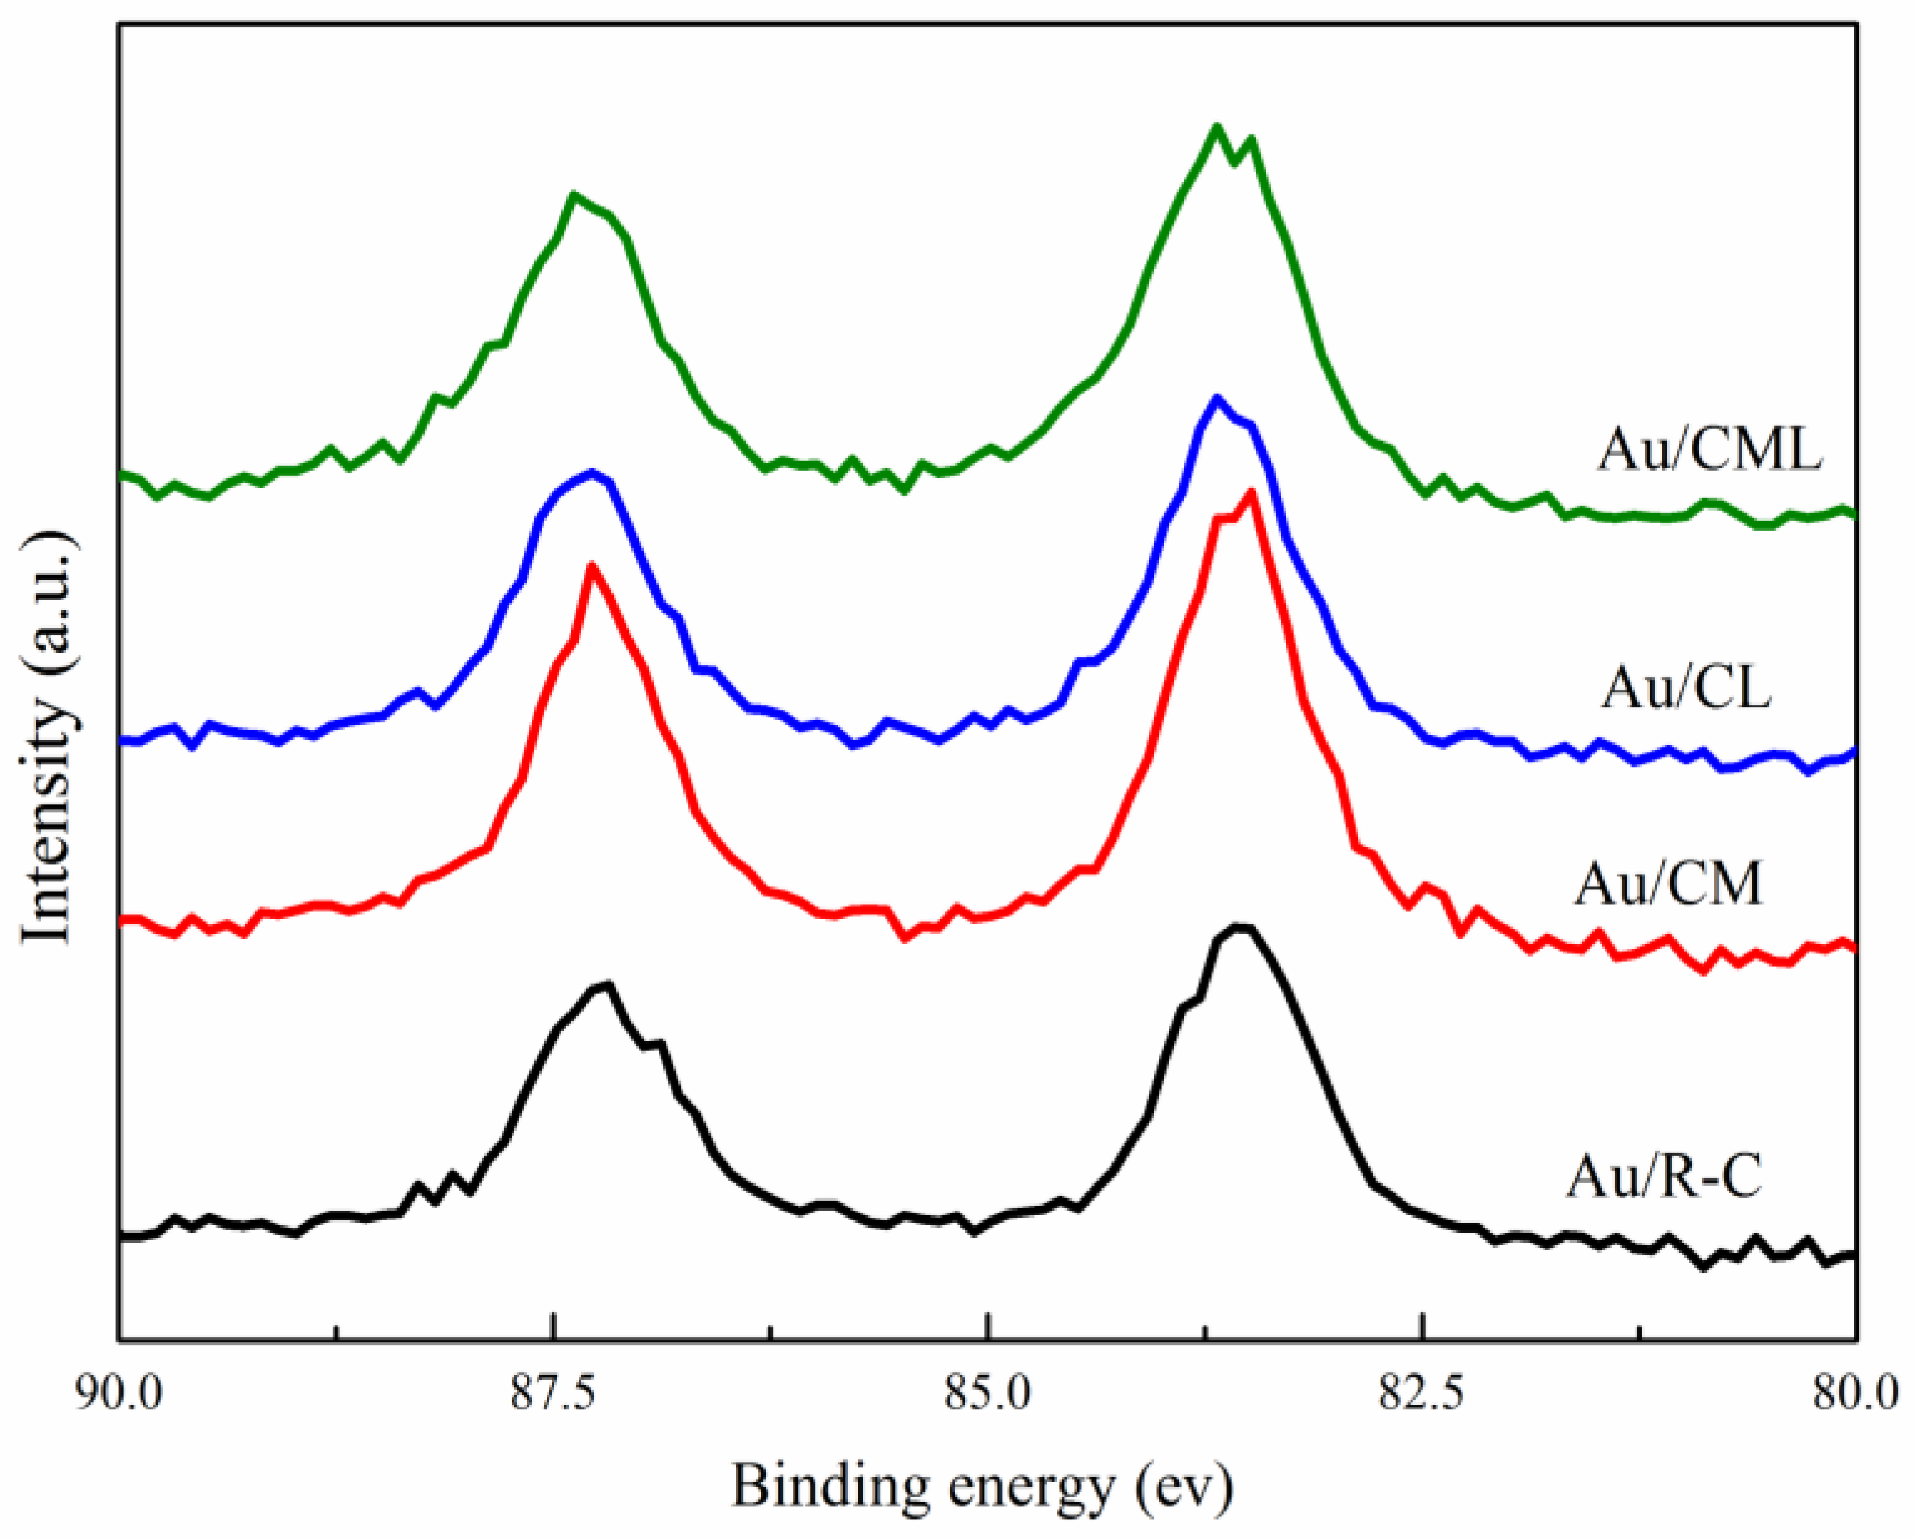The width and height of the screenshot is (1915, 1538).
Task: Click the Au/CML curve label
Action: coord(1710,450)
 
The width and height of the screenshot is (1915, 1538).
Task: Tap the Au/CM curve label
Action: coord(1668,885)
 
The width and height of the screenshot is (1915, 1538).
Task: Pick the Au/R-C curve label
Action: coord(1664,1177)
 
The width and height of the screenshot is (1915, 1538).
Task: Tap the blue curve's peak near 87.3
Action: coord(591,473)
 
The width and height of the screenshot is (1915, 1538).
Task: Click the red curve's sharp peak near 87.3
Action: coord(591,565)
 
